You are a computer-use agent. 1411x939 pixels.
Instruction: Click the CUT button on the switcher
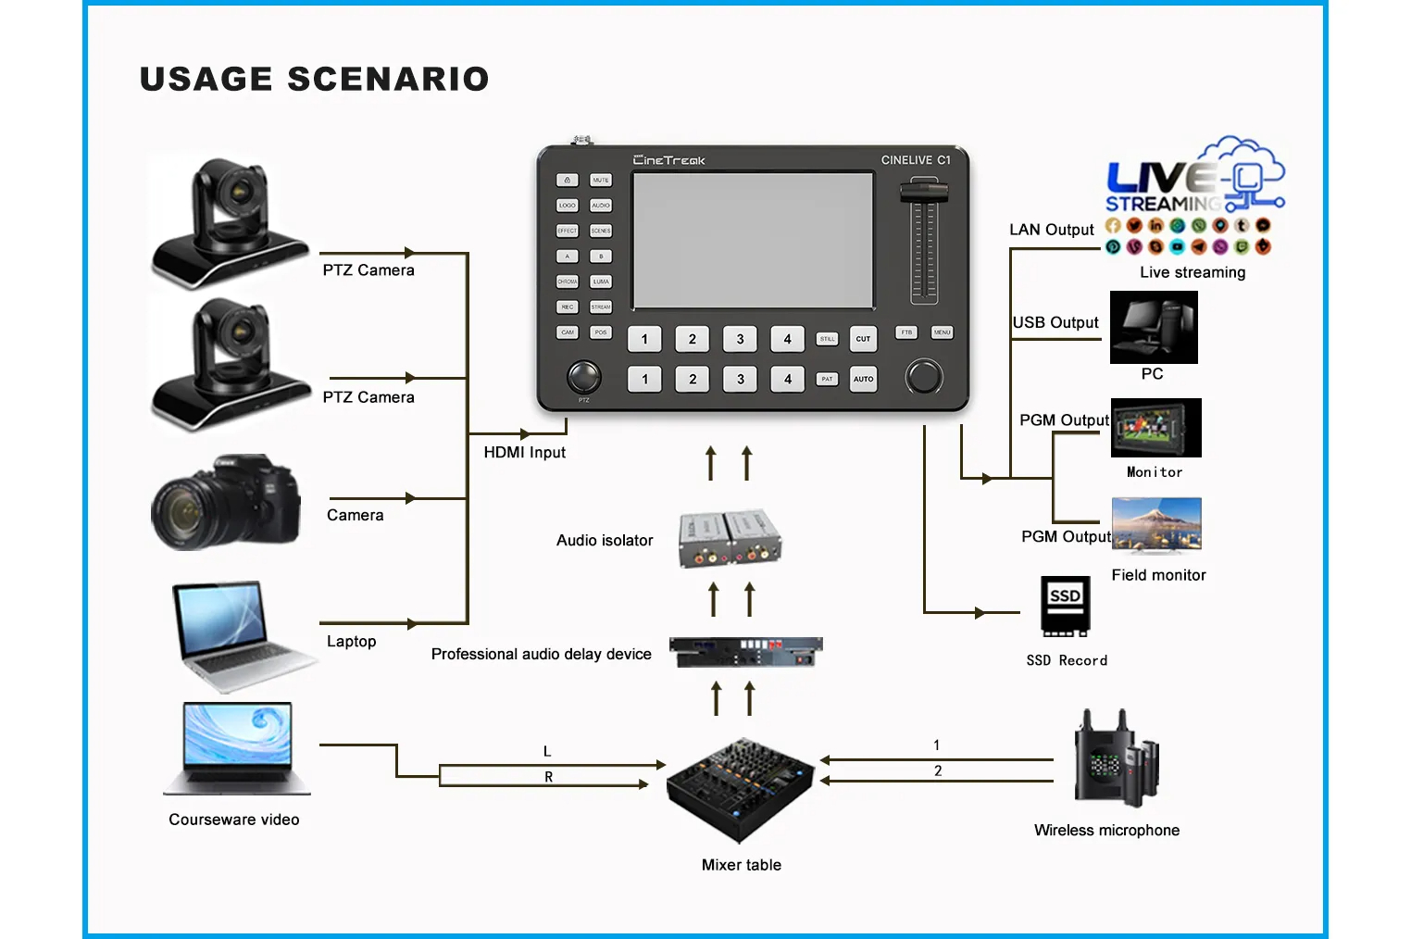[x=863, y=339]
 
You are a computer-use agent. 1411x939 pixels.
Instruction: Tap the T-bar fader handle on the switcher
[x=923, y=192]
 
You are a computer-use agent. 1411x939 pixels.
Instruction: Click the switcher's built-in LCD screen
[x=753, y=241]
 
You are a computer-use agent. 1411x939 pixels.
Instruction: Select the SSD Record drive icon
[x=1065, y=607]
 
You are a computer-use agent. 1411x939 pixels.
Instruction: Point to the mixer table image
[x=741, y=788]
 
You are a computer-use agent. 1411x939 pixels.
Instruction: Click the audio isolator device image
[x=730, y=538]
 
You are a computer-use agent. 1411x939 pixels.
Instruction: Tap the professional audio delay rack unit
[x=745, y=652]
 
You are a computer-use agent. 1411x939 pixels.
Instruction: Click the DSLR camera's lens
[x=181, y=510]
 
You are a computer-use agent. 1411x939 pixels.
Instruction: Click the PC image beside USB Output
[x=1153, y=327]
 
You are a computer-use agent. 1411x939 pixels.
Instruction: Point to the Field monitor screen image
[x=1156, y=525]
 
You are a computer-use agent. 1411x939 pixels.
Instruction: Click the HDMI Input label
[x=524, y=453]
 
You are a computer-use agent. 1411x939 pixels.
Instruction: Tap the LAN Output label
[x=1051, y=230]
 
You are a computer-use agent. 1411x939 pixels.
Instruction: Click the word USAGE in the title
[x=206, y=80]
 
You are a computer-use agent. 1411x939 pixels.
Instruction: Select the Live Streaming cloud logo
[x=1194, y=176]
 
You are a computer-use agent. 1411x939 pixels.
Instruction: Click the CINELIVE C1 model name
[x=915, y=160]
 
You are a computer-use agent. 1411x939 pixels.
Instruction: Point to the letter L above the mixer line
[x=547, y=752]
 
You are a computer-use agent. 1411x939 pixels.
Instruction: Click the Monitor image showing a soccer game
[x=1155, y=428]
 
